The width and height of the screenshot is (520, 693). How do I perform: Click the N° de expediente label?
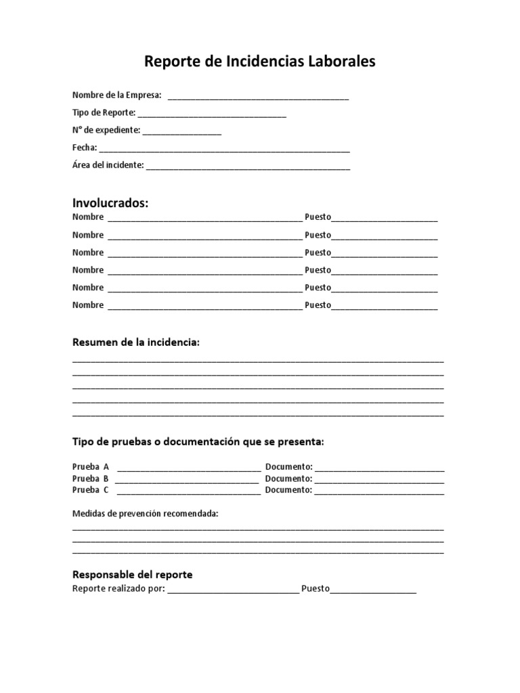[x=106, y=130]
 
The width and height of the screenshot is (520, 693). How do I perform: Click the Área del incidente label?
[x=108, y=165]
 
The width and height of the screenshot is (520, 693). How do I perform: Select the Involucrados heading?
[x=110, y=203]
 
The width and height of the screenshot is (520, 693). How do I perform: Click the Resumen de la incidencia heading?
[x=136, y=342]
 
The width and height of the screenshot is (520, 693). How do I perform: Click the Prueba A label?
[x=91, y=467]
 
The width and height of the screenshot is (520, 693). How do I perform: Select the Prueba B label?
[x=91, y=478]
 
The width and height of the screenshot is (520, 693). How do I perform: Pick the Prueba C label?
[x=91, y=490]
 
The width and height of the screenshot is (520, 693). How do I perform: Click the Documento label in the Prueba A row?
[x=288, y=467]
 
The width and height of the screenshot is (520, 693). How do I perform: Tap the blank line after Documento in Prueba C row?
[x=379, y=491]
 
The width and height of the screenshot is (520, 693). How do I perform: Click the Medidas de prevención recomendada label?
[x=145, y=514]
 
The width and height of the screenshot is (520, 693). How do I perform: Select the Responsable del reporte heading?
[x=133, y=575]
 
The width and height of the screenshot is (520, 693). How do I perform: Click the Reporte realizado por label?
[x=118, y=589]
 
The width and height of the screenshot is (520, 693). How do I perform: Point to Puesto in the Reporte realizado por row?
[x=316, y=589]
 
